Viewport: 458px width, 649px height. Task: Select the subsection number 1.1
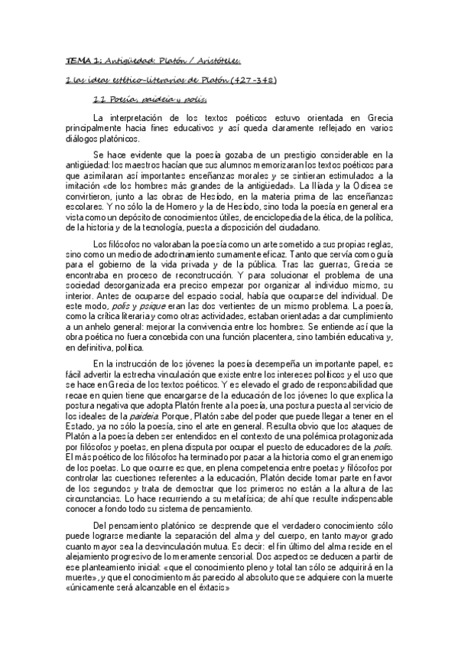coord(99,99)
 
